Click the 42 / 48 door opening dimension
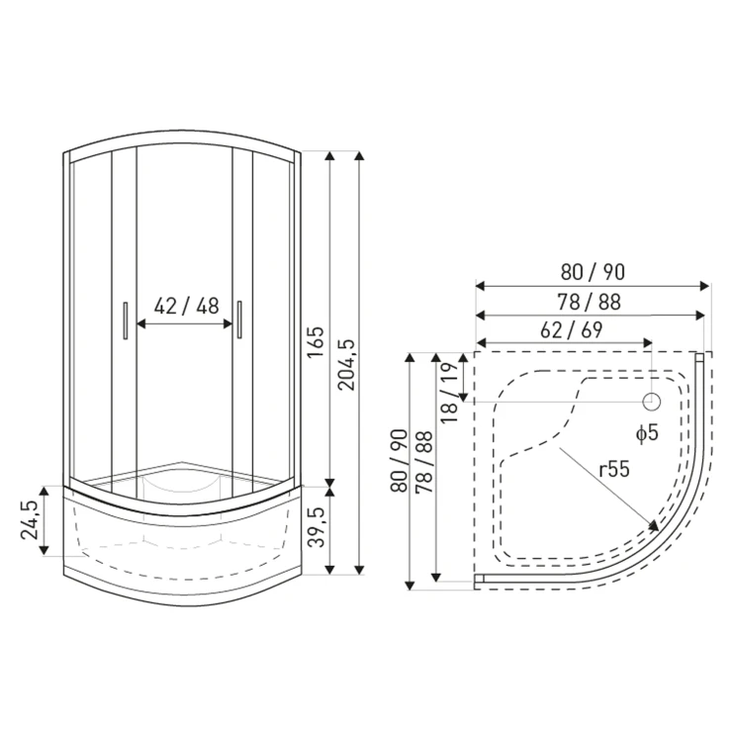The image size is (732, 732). pyautogui.click(x=186, y=307)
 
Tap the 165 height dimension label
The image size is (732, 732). pyautogui.click(x=316, y=342)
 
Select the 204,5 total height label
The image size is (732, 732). pyautogui.click(x=346, y=365)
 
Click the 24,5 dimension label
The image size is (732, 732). pyautogui.click(x=30, y=520)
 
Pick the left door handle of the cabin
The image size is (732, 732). pyautogui.click(x=125, y=320)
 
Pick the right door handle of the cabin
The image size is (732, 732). pyautogui.click(x=239, y=320)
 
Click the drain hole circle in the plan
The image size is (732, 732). pyautogui.click(x=652, y=401)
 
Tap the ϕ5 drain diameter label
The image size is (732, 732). pyautogui.click(x=647, y=433)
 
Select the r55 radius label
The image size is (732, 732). pyautogui.click(x=614, y=469)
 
